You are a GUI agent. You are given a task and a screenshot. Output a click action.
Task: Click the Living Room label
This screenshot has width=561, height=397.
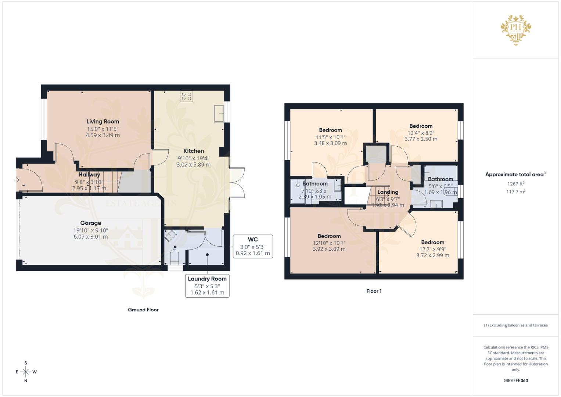coord(103,122)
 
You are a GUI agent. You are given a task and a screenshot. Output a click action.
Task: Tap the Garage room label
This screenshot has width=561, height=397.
coord(91,223)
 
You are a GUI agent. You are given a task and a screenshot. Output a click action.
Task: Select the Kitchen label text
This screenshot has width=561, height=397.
coord(194,151)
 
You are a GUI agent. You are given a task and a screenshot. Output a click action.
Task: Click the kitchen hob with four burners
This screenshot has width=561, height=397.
coord(186,96)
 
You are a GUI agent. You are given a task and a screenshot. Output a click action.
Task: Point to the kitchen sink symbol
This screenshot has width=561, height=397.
coord(219,113)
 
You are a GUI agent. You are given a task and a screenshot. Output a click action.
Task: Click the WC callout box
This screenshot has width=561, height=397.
coord(253,246)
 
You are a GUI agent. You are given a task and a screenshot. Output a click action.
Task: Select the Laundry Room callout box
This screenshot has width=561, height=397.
coord(207,286)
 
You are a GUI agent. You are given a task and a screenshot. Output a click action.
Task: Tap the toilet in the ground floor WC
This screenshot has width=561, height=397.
coord(175,256)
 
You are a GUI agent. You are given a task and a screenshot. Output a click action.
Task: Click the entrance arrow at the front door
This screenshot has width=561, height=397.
coord(17,180)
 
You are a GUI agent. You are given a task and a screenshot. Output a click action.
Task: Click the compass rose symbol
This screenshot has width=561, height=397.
coord(26,372)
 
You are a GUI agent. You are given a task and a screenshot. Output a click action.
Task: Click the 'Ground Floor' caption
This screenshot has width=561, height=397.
coord(143,310)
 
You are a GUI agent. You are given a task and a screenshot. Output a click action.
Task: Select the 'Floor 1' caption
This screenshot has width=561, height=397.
coord(374,291)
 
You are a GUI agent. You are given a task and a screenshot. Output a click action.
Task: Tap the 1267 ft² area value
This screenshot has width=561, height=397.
coord(516,184)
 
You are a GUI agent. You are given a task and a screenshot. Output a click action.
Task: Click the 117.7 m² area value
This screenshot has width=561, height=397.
coord(516,192)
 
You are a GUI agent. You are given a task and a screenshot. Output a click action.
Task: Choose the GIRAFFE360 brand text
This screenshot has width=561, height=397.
coord(516,380)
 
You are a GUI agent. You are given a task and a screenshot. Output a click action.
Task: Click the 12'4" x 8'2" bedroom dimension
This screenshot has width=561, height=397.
coord(421,133)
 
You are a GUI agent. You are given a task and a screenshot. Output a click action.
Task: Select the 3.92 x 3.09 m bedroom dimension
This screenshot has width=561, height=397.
coord(329,249)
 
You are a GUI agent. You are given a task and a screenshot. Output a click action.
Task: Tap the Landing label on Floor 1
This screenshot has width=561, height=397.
coord(388,192)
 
